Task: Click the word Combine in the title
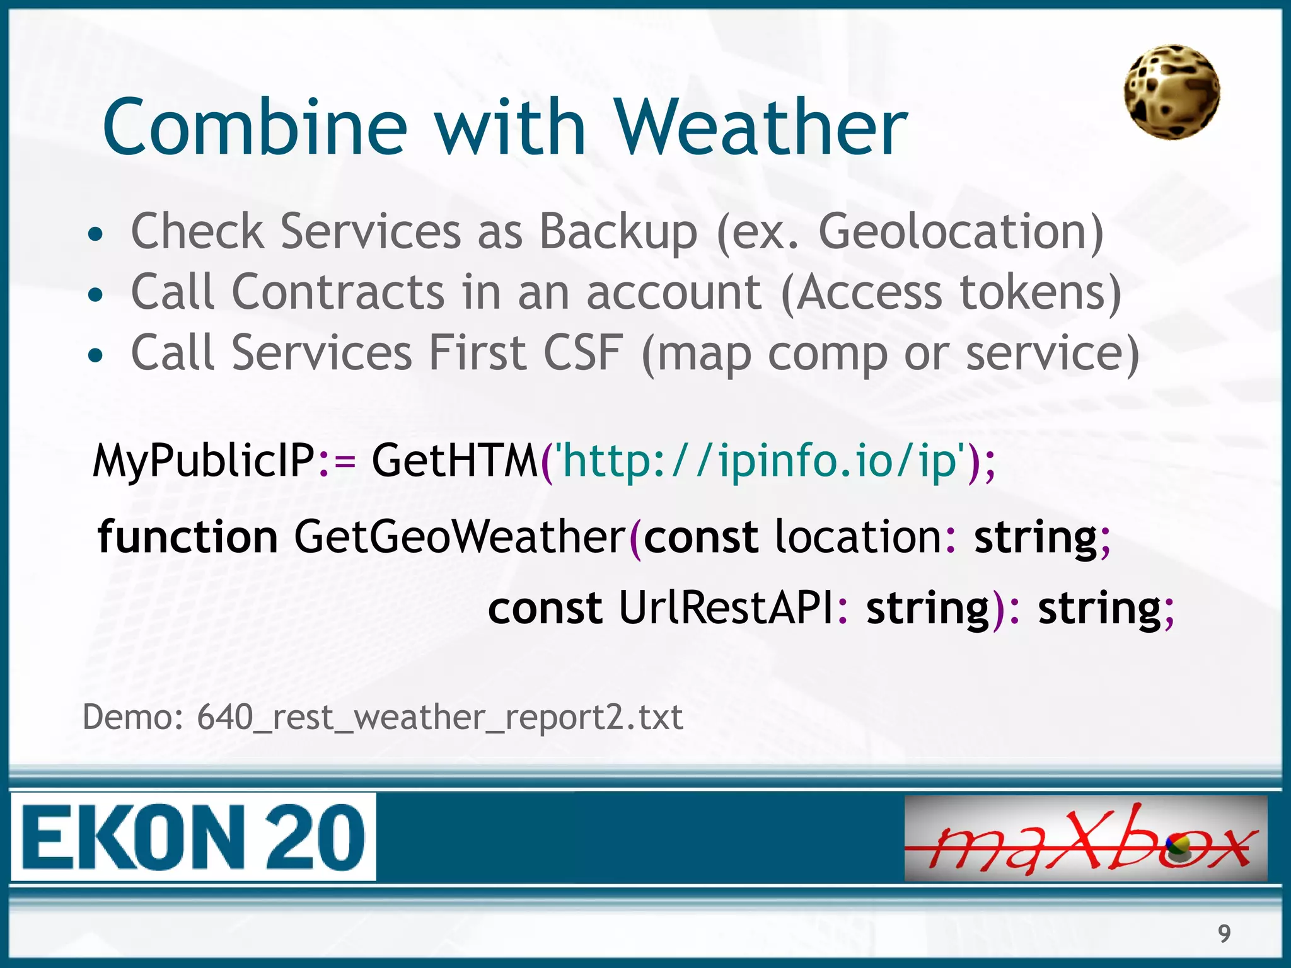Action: (x=255, y=127)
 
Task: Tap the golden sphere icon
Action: (x=1172, y=92)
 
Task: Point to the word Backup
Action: (x=618, y=232)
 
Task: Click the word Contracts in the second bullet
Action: (x=339, y=292)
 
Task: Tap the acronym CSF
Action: (x=583, y=352)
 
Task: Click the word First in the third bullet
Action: (x=477, y=352)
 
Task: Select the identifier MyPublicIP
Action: (x=203, y=461)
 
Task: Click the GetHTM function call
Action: (x=454, y=461)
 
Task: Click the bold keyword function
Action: (x=187, y=537)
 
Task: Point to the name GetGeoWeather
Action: (x=459, y=537)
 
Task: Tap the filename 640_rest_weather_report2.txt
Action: (x=439, y=717)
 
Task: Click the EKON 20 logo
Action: (x=194, y=837)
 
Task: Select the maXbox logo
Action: (x=1085, y=838)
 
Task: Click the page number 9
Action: (x=1224, y=933)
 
